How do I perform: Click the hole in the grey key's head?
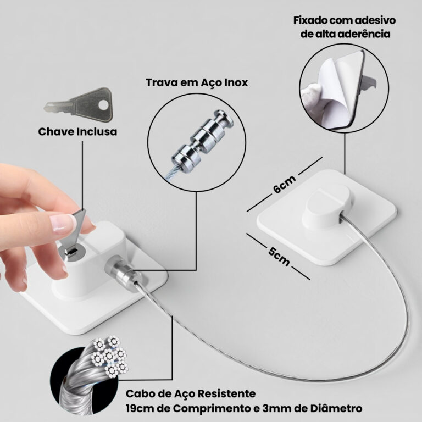coord(103,105)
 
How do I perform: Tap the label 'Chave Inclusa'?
coord(77,132)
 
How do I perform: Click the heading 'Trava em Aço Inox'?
coord(197,82)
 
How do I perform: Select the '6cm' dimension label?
coord(285,184)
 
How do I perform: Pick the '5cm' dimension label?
coord(279,256)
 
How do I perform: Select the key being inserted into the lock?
coord(76,231)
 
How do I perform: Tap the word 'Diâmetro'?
coord(336,408)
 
